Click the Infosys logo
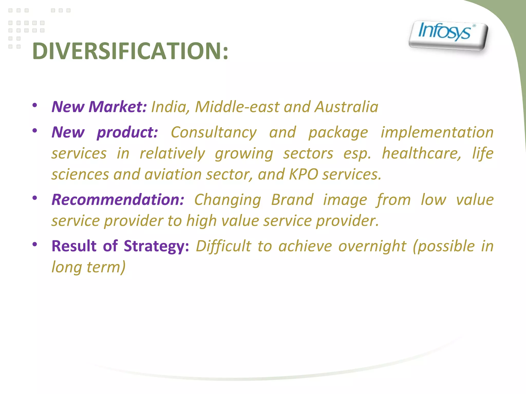448,35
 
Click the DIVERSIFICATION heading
130,51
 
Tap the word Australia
346,107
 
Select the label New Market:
99,107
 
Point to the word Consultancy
213,133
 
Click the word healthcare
421,154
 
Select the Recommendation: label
118,200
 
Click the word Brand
292,200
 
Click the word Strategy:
156,246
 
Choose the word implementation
437,133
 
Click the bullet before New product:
35,131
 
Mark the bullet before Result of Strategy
35,244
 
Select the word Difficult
223,246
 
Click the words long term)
89,267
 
